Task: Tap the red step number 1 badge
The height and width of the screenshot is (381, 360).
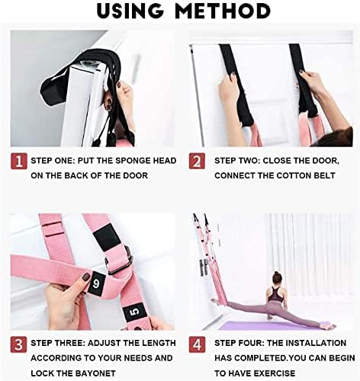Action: point(17,161)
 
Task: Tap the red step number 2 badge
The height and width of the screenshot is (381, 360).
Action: point(197,161)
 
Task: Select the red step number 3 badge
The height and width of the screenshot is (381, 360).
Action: point(17,343)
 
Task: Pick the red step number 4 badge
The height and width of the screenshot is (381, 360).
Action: point(197,343)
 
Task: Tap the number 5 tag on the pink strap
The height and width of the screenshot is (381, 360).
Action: point(133,311)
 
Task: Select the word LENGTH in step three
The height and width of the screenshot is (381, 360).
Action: point(159,343)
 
